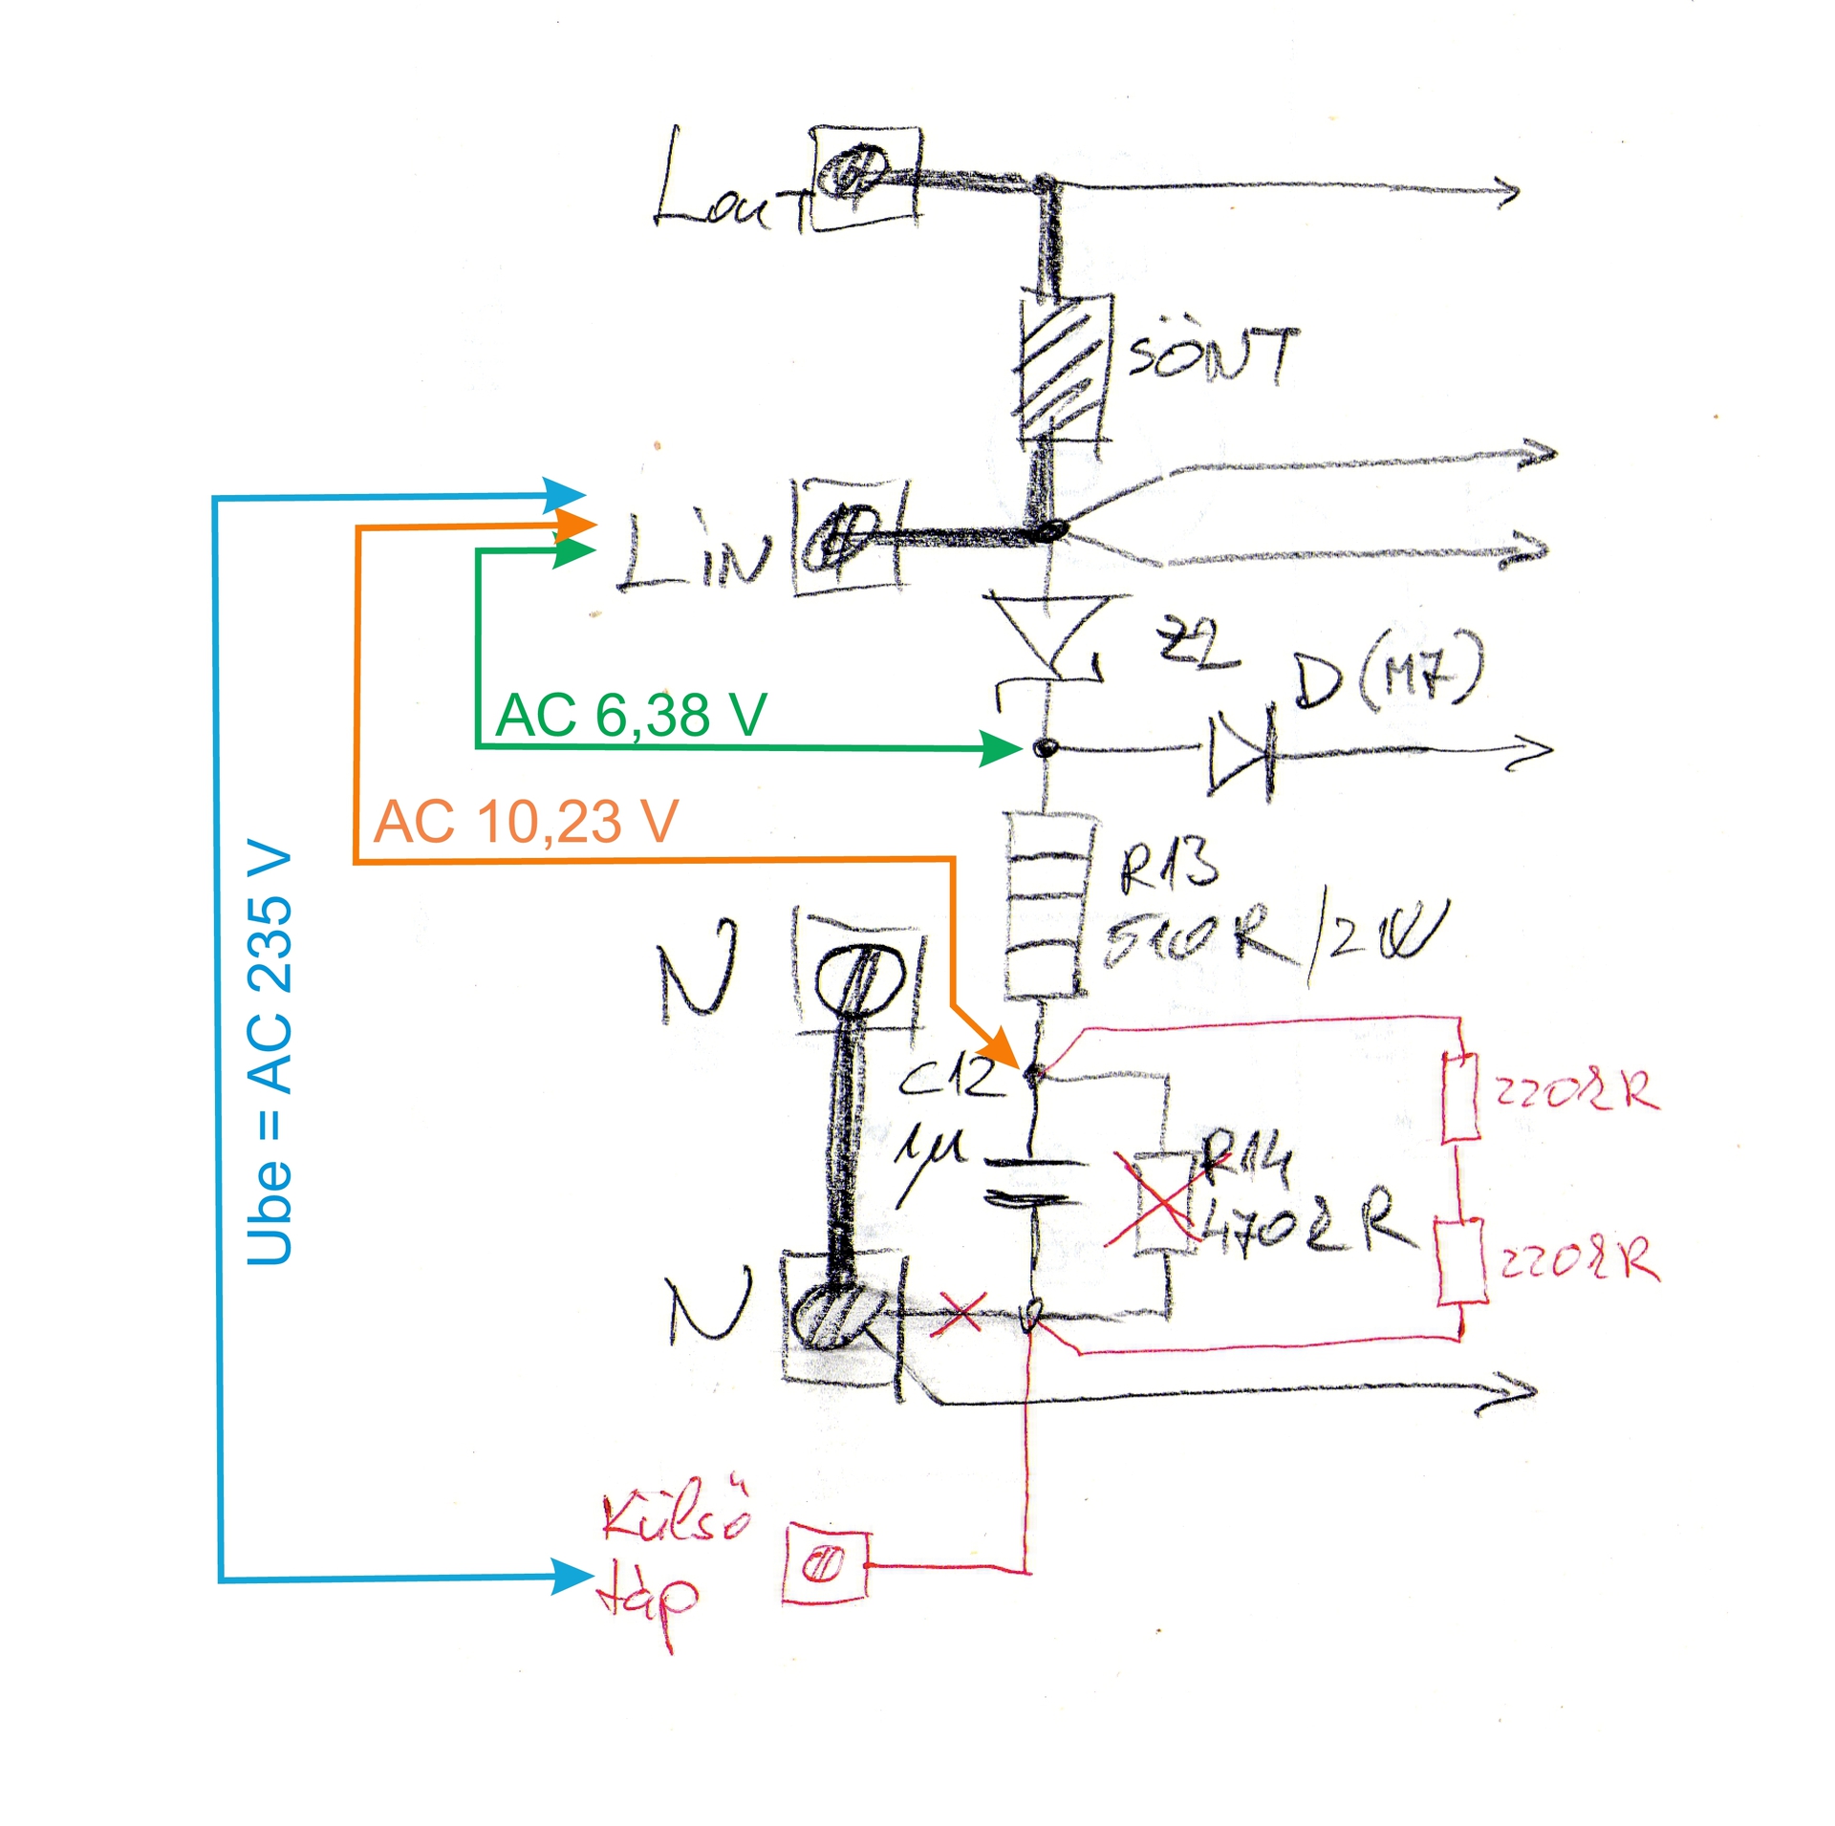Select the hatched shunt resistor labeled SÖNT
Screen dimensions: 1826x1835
click(1062, 368)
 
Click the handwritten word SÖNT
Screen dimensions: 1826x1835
click(1212, 354)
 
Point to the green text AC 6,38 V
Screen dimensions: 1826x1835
click(631, 715)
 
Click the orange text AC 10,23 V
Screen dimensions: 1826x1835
click(526, 822)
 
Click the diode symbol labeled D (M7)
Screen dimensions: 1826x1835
click(1241, 752)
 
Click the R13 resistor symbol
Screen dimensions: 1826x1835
click(1047, 905)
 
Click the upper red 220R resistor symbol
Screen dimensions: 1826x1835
click(1459, 1097)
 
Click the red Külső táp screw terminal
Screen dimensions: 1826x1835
click(826, 1564)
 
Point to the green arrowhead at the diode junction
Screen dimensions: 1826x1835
click(1000, 747)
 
